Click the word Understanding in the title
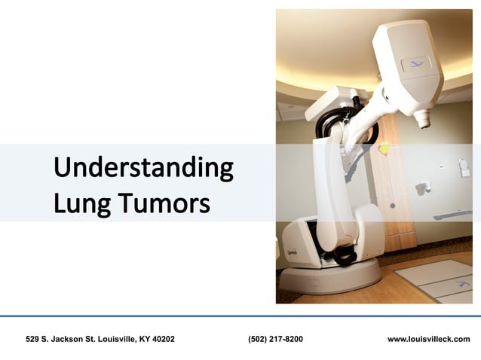coord(142,167)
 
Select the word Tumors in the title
coord(162,202)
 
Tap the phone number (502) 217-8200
coord(275,340)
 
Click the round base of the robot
coord(332,279)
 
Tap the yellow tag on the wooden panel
coord(385,149)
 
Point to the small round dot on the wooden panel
coord(392,206)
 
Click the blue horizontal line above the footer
coord(240,316)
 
